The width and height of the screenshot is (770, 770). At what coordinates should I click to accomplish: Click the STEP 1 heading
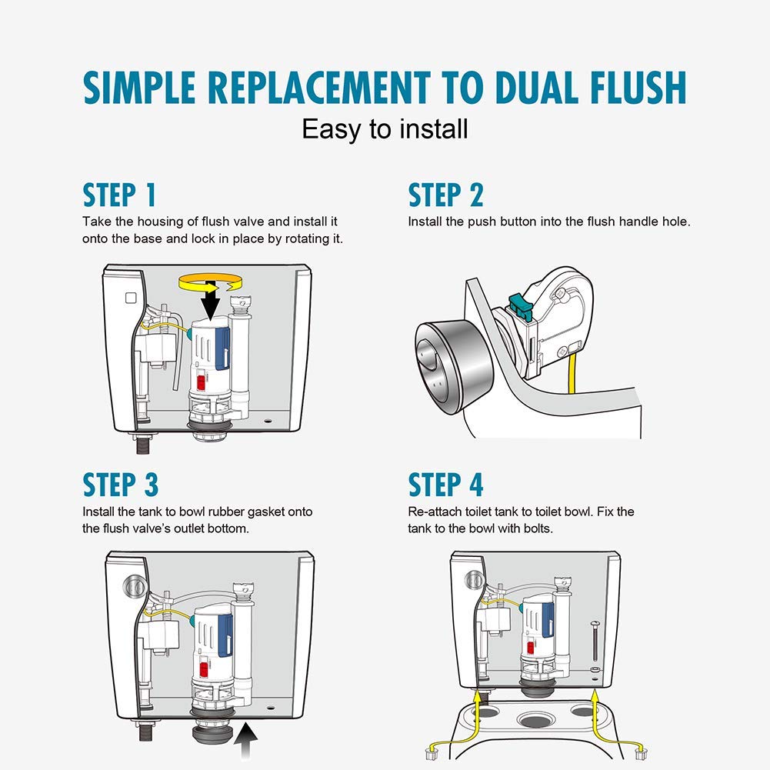119,195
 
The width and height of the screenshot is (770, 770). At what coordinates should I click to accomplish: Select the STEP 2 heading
445,195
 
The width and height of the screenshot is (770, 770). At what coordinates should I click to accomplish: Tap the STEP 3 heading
120,485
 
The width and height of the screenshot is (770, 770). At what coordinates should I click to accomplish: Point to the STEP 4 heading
445,485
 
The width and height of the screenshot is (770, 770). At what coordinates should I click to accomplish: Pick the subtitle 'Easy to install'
385,129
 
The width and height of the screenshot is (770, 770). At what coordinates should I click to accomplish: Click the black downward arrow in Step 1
212,301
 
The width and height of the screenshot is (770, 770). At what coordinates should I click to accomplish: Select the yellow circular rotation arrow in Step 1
211,283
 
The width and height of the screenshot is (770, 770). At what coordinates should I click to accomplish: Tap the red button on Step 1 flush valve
201,382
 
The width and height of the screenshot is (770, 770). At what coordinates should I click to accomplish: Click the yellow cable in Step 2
572,373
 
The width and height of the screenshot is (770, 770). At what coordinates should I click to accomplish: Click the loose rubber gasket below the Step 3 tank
212,735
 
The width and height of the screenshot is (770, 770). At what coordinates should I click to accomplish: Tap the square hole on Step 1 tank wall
131,298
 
